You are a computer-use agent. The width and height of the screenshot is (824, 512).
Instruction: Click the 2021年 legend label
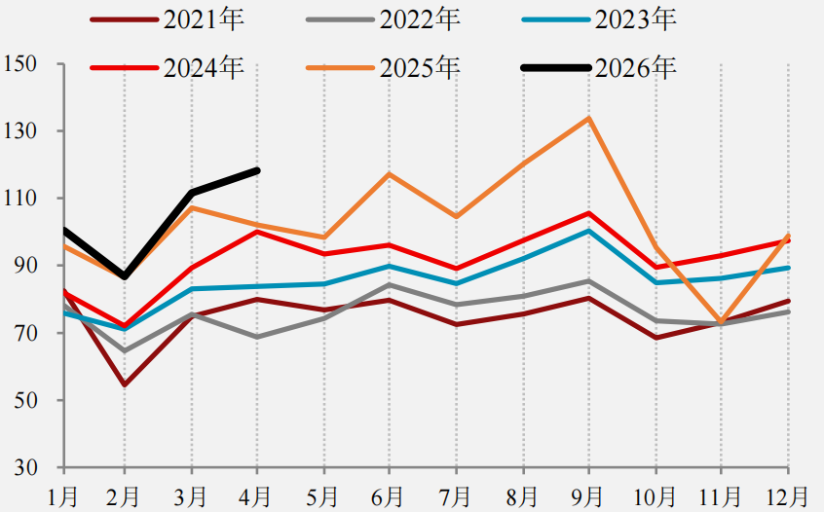(x=204, y=19)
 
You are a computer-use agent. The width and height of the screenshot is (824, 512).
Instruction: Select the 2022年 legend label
(x=420, y=19)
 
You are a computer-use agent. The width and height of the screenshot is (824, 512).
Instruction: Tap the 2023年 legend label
(x=635, y=19)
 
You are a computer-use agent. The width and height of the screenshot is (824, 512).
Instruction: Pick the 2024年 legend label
(x=204, y=68)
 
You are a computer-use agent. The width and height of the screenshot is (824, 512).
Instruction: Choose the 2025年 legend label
(x=420, y=68)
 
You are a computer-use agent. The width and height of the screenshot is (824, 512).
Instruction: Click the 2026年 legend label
(x=635, y=68)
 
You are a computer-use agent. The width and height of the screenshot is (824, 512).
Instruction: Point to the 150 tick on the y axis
(x=20, y=64)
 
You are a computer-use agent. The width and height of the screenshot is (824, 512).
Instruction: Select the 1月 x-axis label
(x=63, y=496)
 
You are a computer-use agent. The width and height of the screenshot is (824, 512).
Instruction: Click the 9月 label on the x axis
(x=589, y=496)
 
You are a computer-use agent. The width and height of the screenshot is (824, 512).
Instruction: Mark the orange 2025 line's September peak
(x=589, y=118)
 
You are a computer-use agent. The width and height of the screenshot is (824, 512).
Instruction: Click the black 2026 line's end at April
(x=257, y=170)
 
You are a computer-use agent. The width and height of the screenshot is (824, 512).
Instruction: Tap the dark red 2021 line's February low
(x=125, y=384)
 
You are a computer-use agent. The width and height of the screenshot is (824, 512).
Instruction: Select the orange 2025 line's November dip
(x=721, y=322)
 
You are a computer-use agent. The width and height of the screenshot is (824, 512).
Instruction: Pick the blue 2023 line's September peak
(x=589, y=230)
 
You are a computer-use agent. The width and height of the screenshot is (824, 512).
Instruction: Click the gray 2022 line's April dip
(x=257, y=337)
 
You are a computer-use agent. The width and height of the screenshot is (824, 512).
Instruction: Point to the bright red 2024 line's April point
(x=257, y=231)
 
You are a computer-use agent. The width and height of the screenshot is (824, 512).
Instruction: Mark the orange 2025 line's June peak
(x=390, y=173)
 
